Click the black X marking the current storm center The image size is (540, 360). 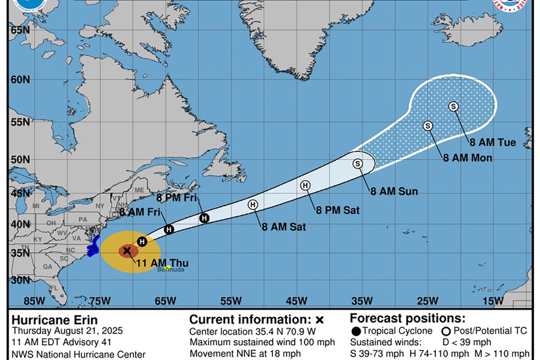pyautogui.click(x=126, y=251)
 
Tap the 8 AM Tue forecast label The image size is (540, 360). pyautogui.click(x=493, y=143)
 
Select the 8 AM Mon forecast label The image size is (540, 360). pyautogui.click(x=468, y=158)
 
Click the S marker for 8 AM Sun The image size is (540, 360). pyautogui.click(x=358, y=164)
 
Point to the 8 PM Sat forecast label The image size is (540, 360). pyautogui.click(x=337, y=210)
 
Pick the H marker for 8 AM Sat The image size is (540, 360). pyautogui.click(x=253, y=205)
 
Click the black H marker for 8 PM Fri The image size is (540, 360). pyautogui.click(x=204, y=218)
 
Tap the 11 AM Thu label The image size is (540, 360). pyautogui.click(x=162, y=264)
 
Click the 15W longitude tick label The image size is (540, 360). pyautogui.click(x=493, y=301)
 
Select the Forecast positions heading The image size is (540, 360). pyautogui.click(x=408, y=319)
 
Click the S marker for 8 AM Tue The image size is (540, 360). pyautogui.click(x=453, y=106)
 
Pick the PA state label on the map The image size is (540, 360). pyautogui.click(x=82, y=220)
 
